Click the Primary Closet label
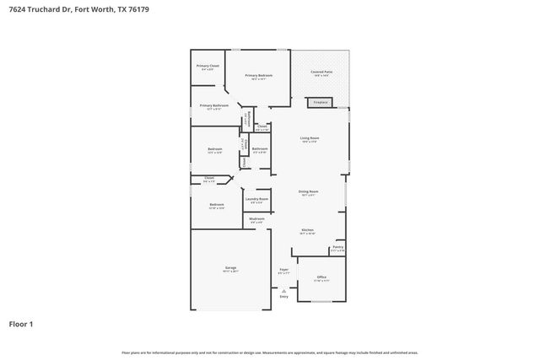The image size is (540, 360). [208, 66]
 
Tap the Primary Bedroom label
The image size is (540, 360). [259, 76]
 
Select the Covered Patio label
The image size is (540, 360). [320, 73]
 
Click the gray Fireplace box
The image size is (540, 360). [320, 103]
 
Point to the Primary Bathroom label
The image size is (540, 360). [214, 106]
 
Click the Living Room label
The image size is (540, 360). [309, 138]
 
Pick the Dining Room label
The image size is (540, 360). [308, 192]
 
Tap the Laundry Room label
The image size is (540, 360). [256, 199]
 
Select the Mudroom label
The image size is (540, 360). [256, 219]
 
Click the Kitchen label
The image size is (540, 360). [308, 230]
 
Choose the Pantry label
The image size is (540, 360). [337, 247]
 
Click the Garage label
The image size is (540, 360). [230, 267]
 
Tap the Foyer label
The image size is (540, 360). [283, 270]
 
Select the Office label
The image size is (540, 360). [321, 277]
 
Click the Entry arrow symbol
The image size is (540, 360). [283, 290]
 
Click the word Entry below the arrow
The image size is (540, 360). [283, 297]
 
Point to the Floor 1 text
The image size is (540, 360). [20, 324]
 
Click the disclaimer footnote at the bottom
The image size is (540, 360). [269, 352]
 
